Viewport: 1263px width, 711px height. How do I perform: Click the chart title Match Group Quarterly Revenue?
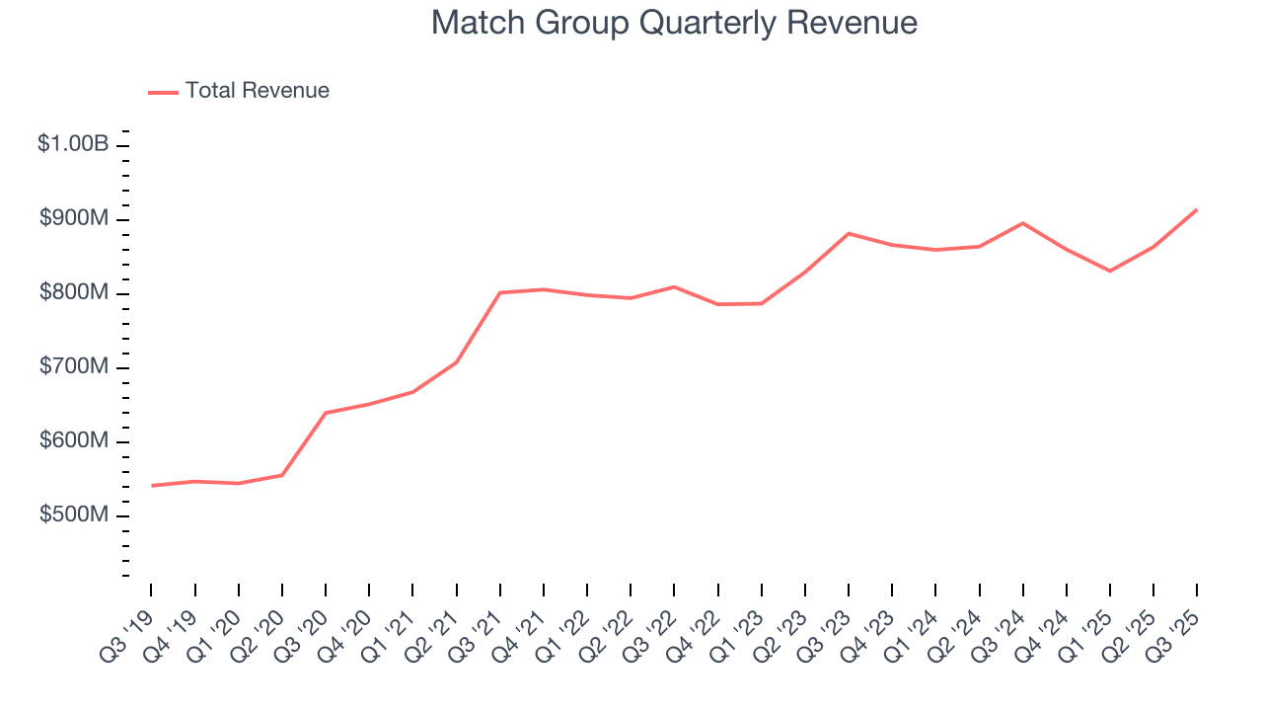point(674,23)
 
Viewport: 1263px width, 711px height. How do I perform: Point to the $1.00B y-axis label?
point(73,144)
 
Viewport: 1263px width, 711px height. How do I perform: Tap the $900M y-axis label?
point(74,219)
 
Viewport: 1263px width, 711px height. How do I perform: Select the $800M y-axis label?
point(74,293)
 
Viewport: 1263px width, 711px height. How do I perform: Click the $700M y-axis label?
point(74,367)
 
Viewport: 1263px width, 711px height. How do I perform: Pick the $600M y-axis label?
point(74,441)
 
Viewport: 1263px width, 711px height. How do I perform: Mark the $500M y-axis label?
point(74,515)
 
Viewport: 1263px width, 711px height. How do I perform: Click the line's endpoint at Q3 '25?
point(1197,209)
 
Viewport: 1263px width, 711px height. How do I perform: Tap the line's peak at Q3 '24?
point(1023,223)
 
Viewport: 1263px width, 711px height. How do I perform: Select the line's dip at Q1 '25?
point(1110,271)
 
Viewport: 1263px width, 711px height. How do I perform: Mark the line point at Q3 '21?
point(500,292)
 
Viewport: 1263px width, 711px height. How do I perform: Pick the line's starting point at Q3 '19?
point(152,486)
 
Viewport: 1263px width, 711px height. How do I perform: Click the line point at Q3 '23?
point(849,233)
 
